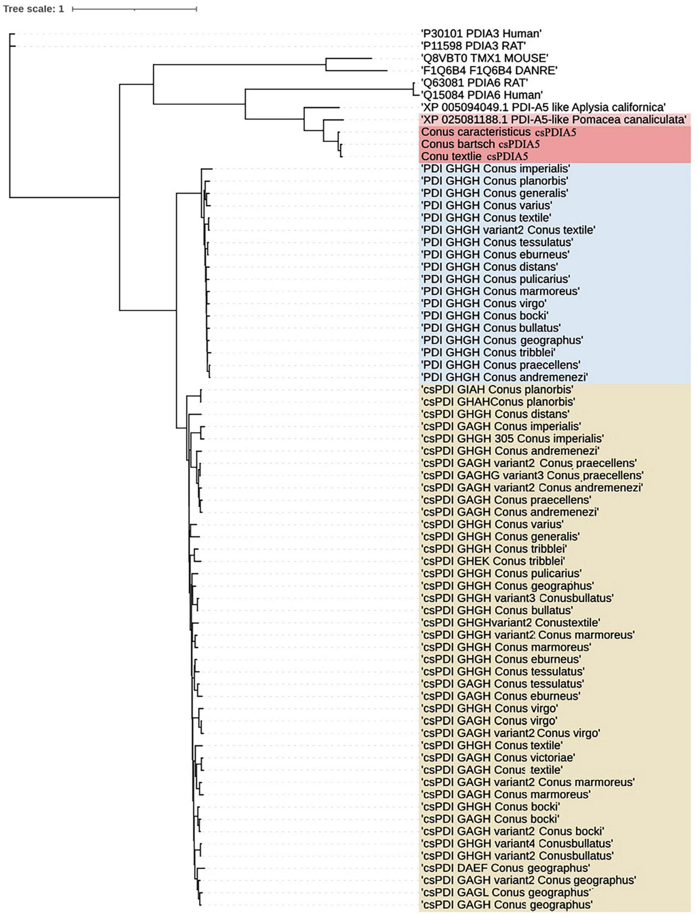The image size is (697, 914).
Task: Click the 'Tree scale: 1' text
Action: (33, 9)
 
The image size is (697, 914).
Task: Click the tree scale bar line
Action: (134, 9)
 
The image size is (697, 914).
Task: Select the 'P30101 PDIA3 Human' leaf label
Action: (481, 33)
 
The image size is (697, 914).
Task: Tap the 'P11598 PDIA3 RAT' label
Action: (474, 46)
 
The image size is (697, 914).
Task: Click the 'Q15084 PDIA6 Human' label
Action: (482, 95)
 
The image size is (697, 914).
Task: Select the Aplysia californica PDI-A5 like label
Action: (543, 107)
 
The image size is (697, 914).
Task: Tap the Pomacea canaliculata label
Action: (553, 119)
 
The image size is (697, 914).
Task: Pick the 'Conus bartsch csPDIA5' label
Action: (480, 144)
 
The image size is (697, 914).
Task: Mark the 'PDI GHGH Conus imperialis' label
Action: (496, 168)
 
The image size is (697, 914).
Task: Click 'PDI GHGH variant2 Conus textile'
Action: (508, 230)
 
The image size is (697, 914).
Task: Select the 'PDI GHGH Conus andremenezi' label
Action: (504, 377)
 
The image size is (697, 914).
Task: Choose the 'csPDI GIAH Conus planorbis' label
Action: (497, 389)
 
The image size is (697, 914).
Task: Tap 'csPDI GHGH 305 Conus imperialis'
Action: (512, 438)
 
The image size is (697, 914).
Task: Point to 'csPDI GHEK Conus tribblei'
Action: (493, 561)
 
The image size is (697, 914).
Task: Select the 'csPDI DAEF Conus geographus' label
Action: (506, 868)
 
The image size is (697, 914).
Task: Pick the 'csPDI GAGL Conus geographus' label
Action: (506, 892)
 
